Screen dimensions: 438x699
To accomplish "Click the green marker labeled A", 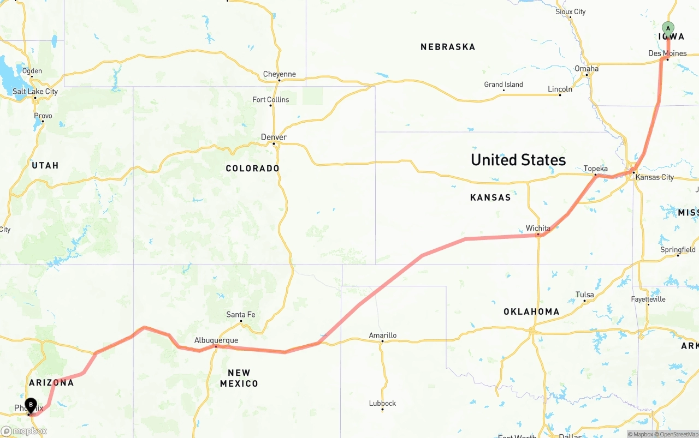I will pos(668,28).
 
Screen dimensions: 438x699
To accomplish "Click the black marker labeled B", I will pos(31,405).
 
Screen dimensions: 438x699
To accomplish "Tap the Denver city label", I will pos(274,137).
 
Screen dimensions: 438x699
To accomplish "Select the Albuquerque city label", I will pos(216,340).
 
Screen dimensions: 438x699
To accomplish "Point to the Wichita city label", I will pos(538,228).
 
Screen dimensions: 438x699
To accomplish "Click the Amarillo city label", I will pos(382,335).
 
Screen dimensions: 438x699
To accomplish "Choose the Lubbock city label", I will pos(382,404).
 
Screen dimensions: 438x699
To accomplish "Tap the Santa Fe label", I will pos(241,315).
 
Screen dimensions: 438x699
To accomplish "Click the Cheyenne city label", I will pos(279,74).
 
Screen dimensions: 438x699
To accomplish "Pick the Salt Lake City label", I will pos(35,92).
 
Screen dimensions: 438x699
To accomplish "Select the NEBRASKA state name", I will pos(448,47).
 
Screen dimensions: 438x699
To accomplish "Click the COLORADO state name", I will pos(252,169).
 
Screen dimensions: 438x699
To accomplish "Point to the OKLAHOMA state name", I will pos(531,312).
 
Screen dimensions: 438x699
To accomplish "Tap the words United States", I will pos(518,160).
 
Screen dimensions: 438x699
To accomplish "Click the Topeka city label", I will pos(595,169).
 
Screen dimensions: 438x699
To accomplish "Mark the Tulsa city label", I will pos(584,295).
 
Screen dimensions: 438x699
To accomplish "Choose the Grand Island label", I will pos(503,85).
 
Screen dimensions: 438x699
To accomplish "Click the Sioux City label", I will pos(570,11).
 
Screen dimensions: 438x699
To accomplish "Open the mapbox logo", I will pos(24,431).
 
